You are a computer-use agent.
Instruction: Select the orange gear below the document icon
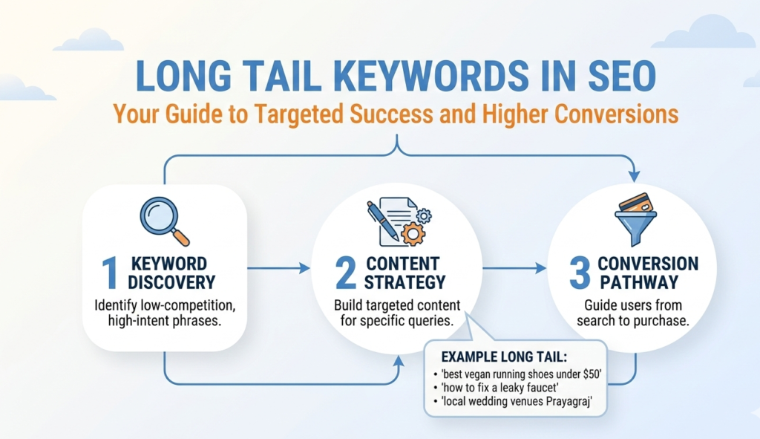(412, 233)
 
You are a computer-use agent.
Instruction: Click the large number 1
(110, 273)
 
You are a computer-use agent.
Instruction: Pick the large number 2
(346, 273)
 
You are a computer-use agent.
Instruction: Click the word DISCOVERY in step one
(171, 282)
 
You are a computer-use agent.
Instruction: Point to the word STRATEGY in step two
(406, 282)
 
